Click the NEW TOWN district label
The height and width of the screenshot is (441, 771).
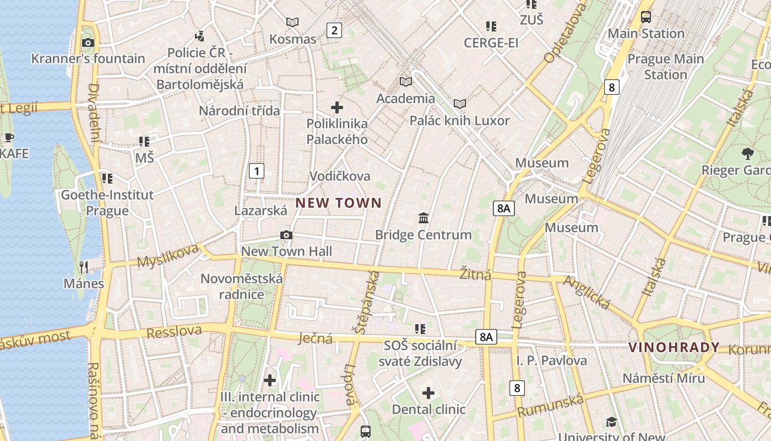pyautogui.click(x=338, y=203)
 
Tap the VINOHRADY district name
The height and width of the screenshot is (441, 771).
pyautogui.click(x=674, y=347)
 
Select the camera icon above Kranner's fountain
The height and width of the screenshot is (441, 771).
pyautogui.click(x=88, y=42)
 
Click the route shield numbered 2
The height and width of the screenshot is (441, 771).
pyautogui.click(x=334, y=30)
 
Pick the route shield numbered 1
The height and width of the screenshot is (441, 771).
pyautogui.click(x=256, y=171)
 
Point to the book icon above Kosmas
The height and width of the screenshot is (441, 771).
pyautogui.click(x=292, y=23)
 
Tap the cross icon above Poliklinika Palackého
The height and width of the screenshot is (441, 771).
pyautogui.click(x=337, y=107)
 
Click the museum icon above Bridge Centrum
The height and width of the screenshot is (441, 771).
pyautogui.click(x=423, y=218)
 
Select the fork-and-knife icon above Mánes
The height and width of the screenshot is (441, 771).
pyautogui.click(x=84, y=267)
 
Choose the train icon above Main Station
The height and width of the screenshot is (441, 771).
pyautogui.click(x=646, y=17)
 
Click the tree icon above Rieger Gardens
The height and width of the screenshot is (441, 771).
pyautogui.click(x=747, y=154)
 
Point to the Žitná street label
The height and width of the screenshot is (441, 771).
pyautogui.click(x=475, y=274)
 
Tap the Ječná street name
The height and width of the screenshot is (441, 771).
pyautogui.click(x=316, y=337)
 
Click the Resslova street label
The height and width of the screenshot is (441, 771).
pyautogui.click(x=174, y=332)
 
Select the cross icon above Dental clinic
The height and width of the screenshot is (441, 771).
pyautogui.click(x=428, y=393)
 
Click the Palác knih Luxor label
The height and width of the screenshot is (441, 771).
pyautogui.click(x=459, y=120)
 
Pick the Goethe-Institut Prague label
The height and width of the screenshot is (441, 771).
pyautogui.click(x=107, y=202)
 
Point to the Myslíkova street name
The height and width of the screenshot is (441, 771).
pyautogui.click(x=167, y=255)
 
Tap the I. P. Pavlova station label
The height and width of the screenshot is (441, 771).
pyautogui.click(x=551, y=361)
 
